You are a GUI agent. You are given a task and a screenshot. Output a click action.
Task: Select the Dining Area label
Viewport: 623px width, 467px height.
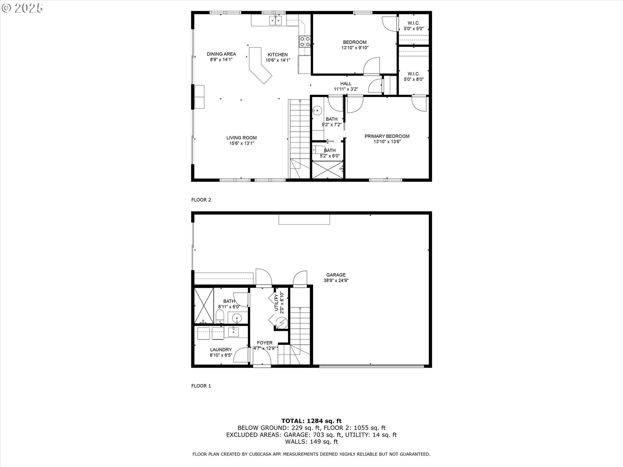coord(221,57)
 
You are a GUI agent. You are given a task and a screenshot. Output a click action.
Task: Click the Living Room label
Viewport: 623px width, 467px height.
coord(241,140)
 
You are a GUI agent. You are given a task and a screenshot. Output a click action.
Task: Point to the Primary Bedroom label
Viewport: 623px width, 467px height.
coord(387,139)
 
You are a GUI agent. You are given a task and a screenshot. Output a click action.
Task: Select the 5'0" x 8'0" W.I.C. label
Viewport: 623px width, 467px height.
coord(414,77)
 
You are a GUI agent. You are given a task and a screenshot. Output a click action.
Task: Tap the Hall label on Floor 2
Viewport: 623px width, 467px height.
coord(346,86)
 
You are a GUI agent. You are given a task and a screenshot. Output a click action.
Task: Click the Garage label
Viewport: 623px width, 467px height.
coord(336,278)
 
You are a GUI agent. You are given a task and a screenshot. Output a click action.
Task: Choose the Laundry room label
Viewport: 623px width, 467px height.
coord(221,352)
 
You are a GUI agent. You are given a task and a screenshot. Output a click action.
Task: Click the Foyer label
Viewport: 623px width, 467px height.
coord(265,345)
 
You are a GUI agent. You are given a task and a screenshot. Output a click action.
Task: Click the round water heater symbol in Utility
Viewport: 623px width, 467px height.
coord(281,323)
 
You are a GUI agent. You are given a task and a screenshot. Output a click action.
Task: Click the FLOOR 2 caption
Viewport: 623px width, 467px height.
coord(201,200)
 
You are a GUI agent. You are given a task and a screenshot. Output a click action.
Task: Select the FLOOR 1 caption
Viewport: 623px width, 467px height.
coord(201,386)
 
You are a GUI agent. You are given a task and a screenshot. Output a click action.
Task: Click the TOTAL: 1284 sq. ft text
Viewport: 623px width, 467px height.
coord(311,421)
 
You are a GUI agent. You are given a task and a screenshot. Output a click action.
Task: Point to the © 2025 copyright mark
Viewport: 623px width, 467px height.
coord(22,8)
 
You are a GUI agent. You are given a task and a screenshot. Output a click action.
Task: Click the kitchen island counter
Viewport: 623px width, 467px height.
coord(260,65)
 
